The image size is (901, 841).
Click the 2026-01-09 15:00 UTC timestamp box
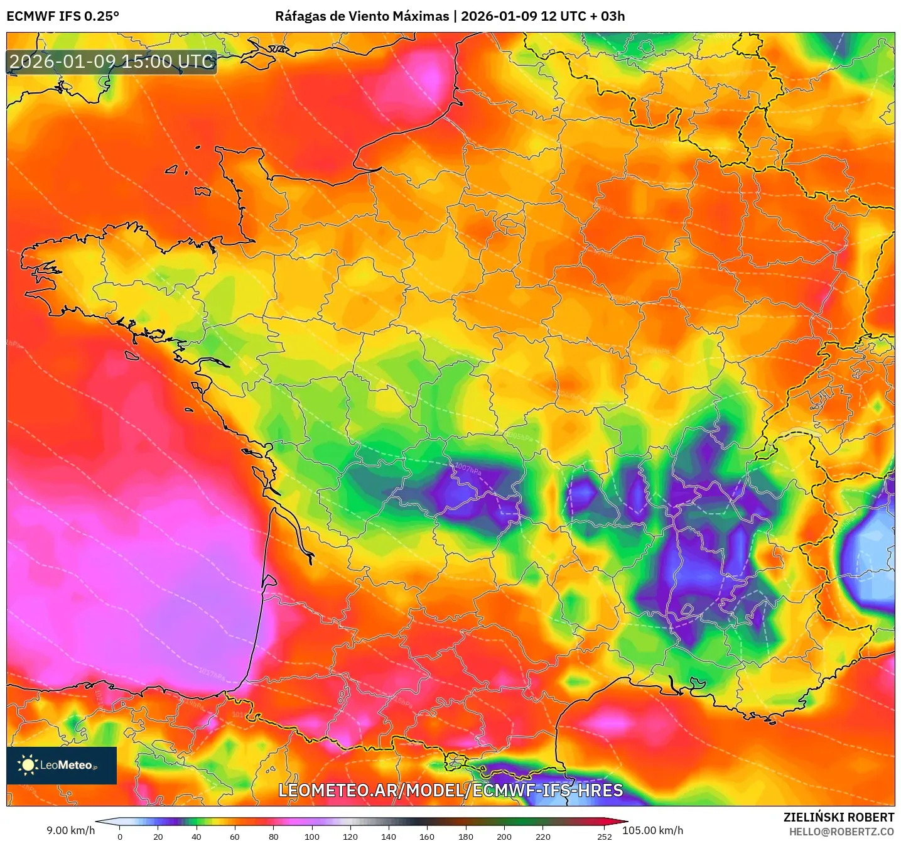point(112,62)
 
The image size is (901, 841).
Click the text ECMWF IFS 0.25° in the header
point(63,16)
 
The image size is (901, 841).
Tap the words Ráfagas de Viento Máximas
point(362,16)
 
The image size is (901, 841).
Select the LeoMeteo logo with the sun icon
point(62,765)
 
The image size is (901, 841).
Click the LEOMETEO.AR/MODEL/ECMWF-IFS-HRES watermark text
point(450,790)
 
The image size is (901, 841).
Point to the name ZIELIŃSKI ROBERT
point(838,817)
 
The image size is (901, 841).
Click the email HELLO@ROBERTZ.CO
point(841,832)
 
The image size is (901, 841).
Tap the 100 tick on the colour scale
point(311,836)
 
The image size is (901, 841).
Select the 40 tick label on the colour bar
point(197,836)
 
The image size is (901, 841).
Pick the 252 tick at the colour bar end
point(604,836)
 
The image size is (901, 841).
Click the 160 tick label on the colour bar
point(427,836)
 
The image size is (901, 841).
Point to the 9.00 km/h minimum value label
point(70,830)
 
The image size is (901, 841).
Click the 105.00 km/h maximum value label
point(652,830)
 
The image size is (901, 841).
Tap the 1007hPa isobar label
point(468,469)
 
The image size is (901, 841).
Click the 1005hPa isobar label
point(519,435)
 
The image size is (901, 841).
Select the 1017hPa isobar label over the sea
point(212,675)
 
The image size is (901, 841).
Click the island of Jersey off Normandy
point(202,191)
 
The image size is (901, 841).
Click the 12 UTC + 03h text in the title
point(583,16)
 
